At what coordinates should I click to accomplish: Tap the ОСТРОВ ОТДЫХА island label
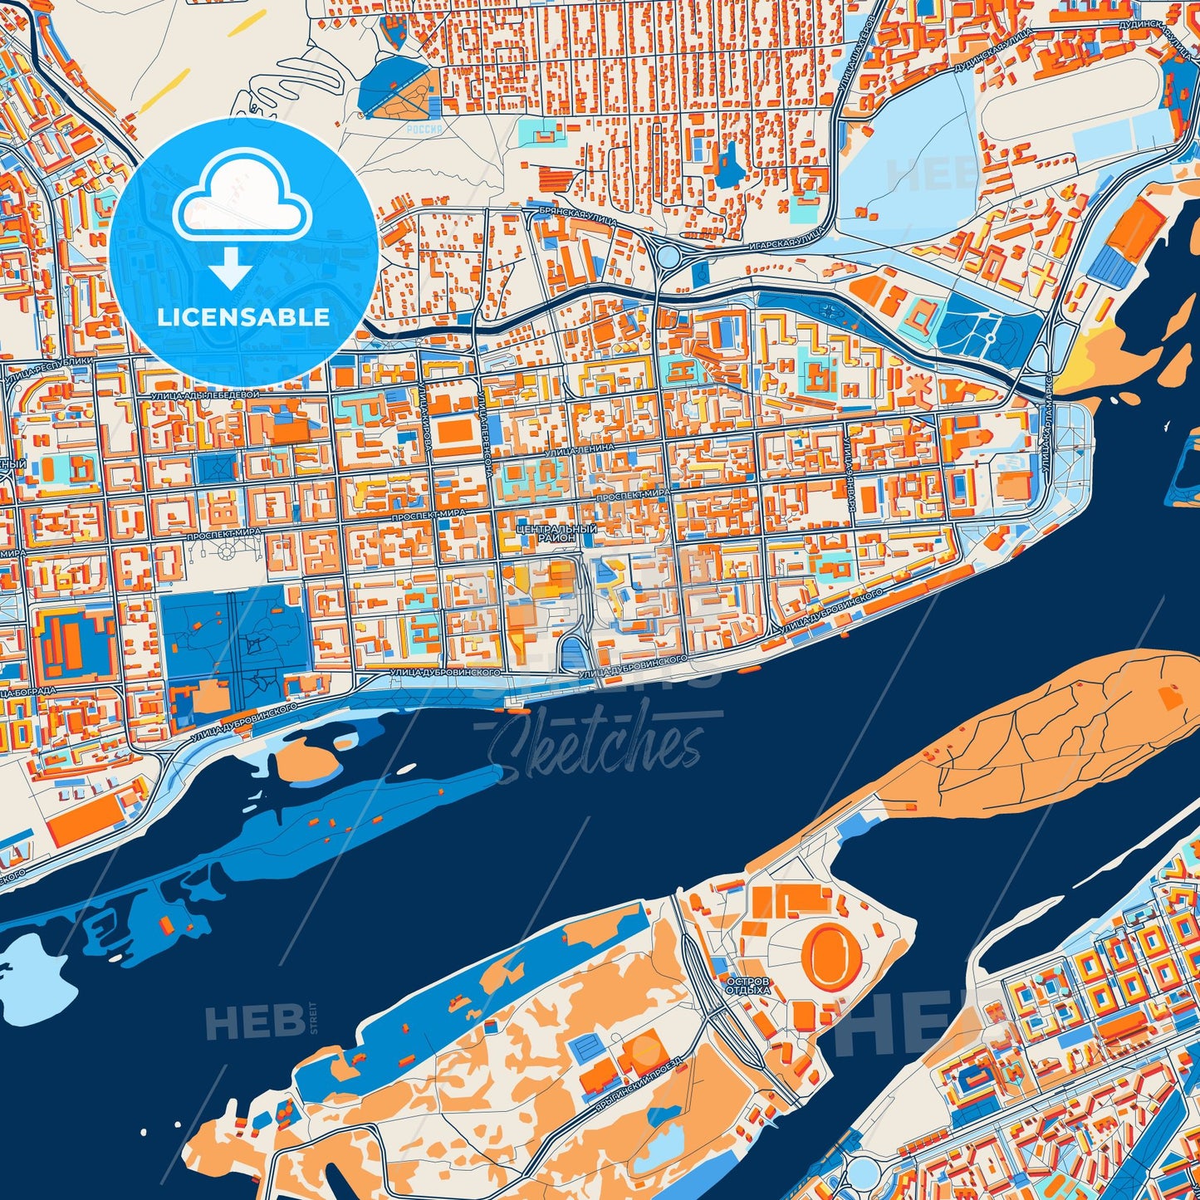tap(747, 986)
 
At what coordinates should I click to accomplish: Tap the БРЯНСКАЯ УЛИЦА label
tap(564, 214)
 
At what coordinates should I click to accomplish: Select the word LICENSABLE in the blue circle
tap(243, 317)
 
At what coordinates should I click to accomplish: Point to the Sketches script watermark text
tap(596, 745)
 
